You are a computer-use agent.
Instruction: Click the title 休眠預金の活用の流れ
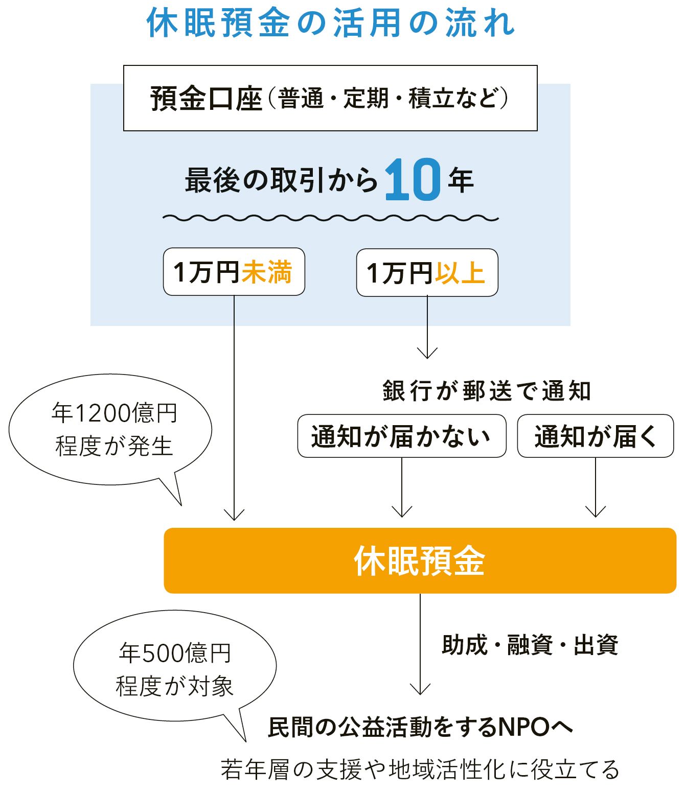click(x=331, y=24)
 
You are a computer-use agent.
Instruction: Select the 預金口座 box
click(x=330, y=98)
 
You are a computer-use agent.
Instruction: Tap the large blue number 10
click(x=413, y=179)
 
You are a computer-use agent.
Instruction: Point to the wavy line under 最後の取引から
click(x=330, y=218)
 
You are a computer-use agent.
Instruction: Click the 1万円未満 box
click(x=234, y=272)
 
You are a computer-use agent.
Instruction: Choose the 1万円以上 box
click(x=427, y=272)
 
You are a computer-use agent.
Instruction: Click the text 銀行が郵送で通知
click(x=486, y=391)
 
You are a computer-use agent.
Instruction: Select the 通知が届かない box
click(x=402, y=436)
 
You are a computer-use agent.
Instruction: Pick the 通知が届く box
click(x=596, y=436)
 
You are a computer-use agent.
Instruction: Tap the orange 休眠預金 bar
click(x=420, y=561)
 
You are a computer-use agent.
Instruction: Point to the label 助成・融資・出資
click(x=530, y=645)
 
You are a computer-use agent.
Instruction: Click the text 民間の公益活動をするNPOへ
click(x=420, y=727)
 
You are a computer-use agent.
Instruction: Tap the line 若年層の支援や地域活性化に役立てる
click(x=420, y=769)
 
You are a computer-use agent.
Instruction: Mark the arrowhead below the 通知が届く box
click(x=596, y=512)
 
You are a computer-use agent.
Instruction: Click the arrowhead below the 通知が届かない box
click(x=402, y=512)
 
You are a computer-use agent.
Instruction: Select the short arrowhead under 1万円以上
click(x=427, y=354)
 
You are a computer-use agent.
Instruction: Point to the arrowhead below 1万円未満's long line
click(x=234, y=516)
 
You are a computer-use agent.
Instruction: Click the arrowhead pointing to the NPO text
click(x=420, y=690)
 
